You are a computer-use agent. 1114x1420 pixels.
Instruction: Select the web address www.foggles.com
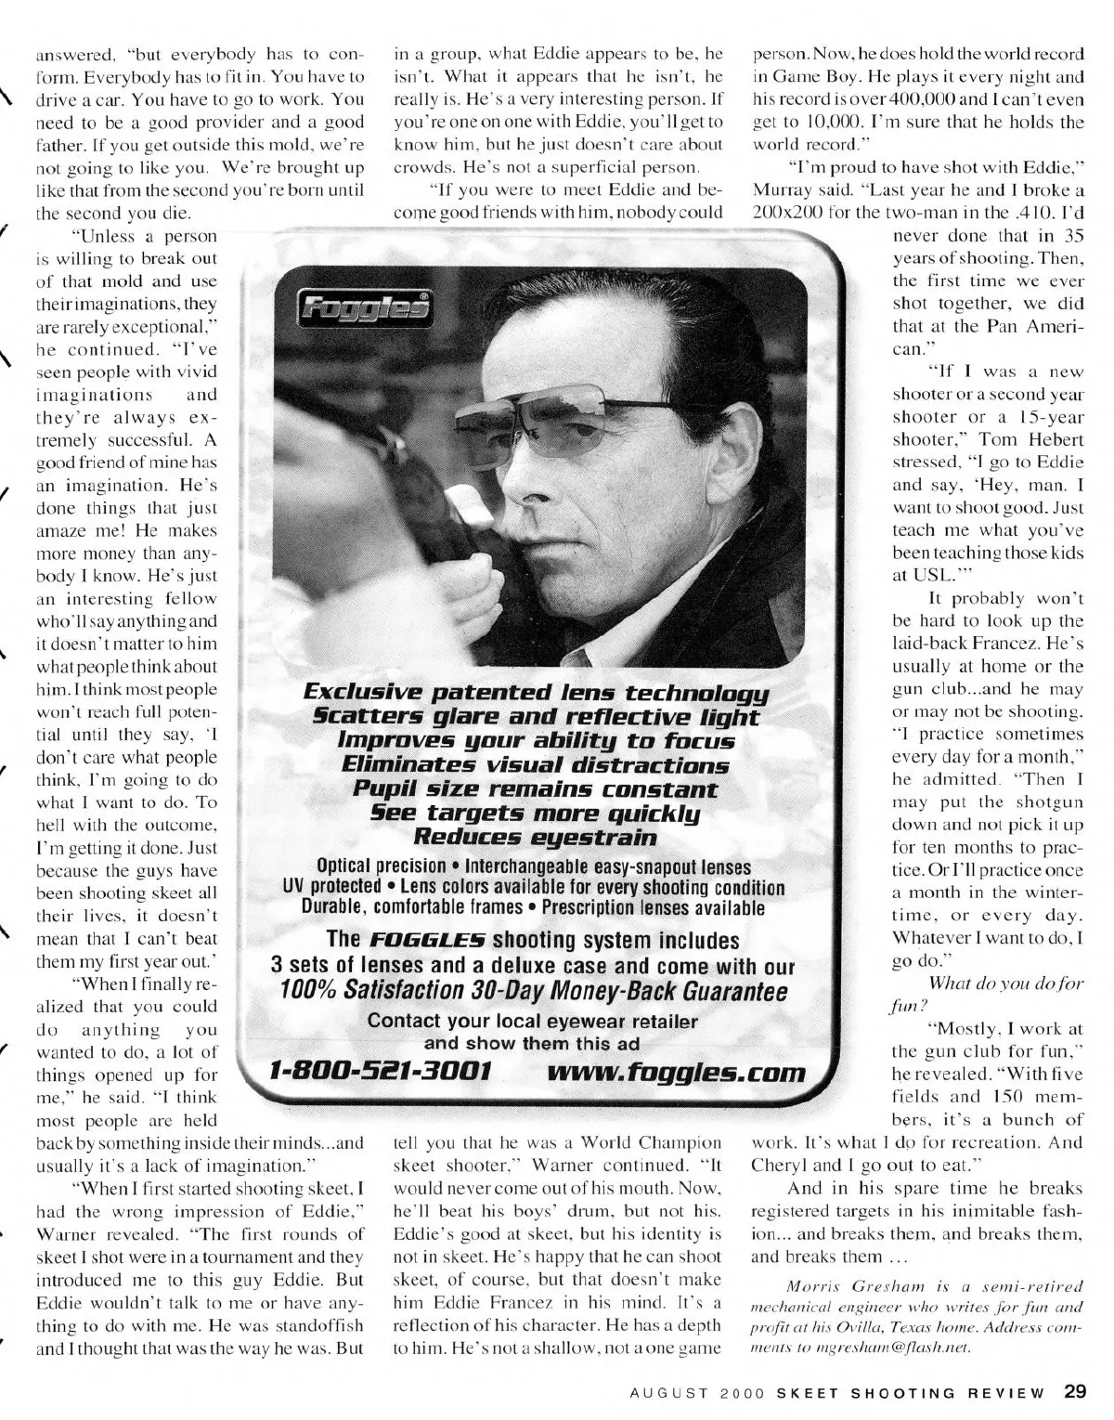pos(677,1073)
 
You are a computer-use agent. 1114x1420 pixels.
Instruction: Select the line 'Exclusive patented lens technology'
pos(537,693)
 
